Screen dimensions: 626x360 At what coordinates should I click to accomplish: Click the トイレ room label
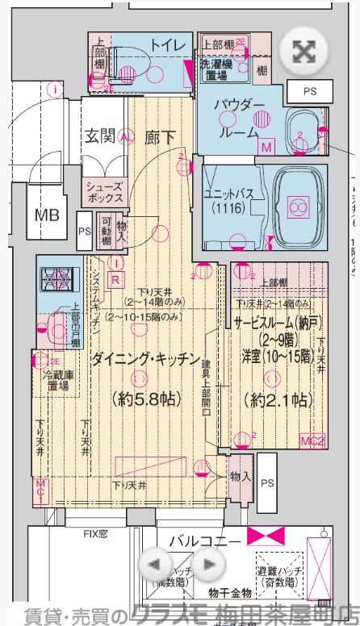166,46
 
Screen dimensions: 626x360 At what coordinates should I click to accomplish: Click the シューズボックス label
105,191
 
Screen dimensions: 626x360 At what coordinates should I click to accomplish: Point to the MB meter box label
46,215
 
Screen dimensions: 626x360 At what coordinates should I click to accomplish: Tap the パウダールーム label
240,119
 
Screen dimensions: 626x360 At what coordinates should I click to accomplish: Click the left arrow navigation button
157,564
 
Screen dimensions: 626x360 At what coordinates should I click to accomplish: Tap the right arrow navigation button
208,564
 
